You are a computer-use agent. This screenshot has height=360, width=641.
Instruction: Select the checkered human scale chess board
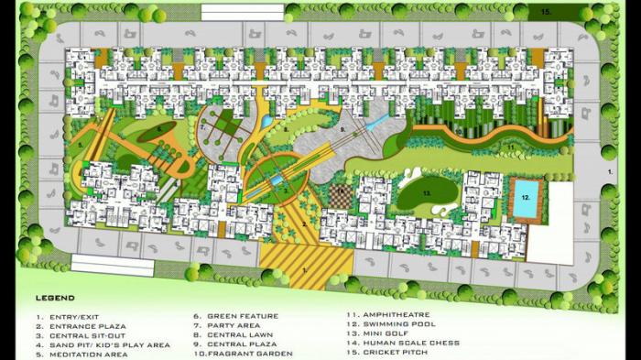point(341,196)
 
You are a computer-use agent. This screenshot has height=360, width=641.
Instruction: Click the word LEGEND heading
point(55,299)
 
